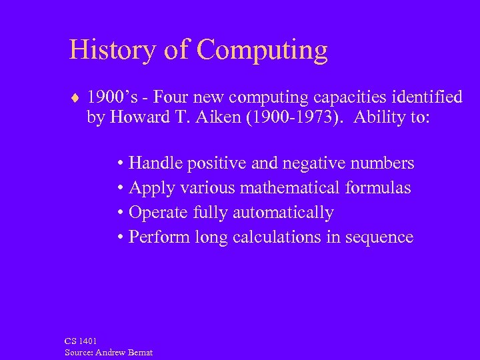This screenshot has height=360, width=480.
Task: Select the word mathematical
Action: click(x=291, y=188)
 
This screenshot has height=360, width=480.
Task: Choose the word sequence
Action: click(x=381, y=238)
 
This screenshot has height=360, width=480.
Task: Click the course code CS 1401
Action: click(x=81, y=341)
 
